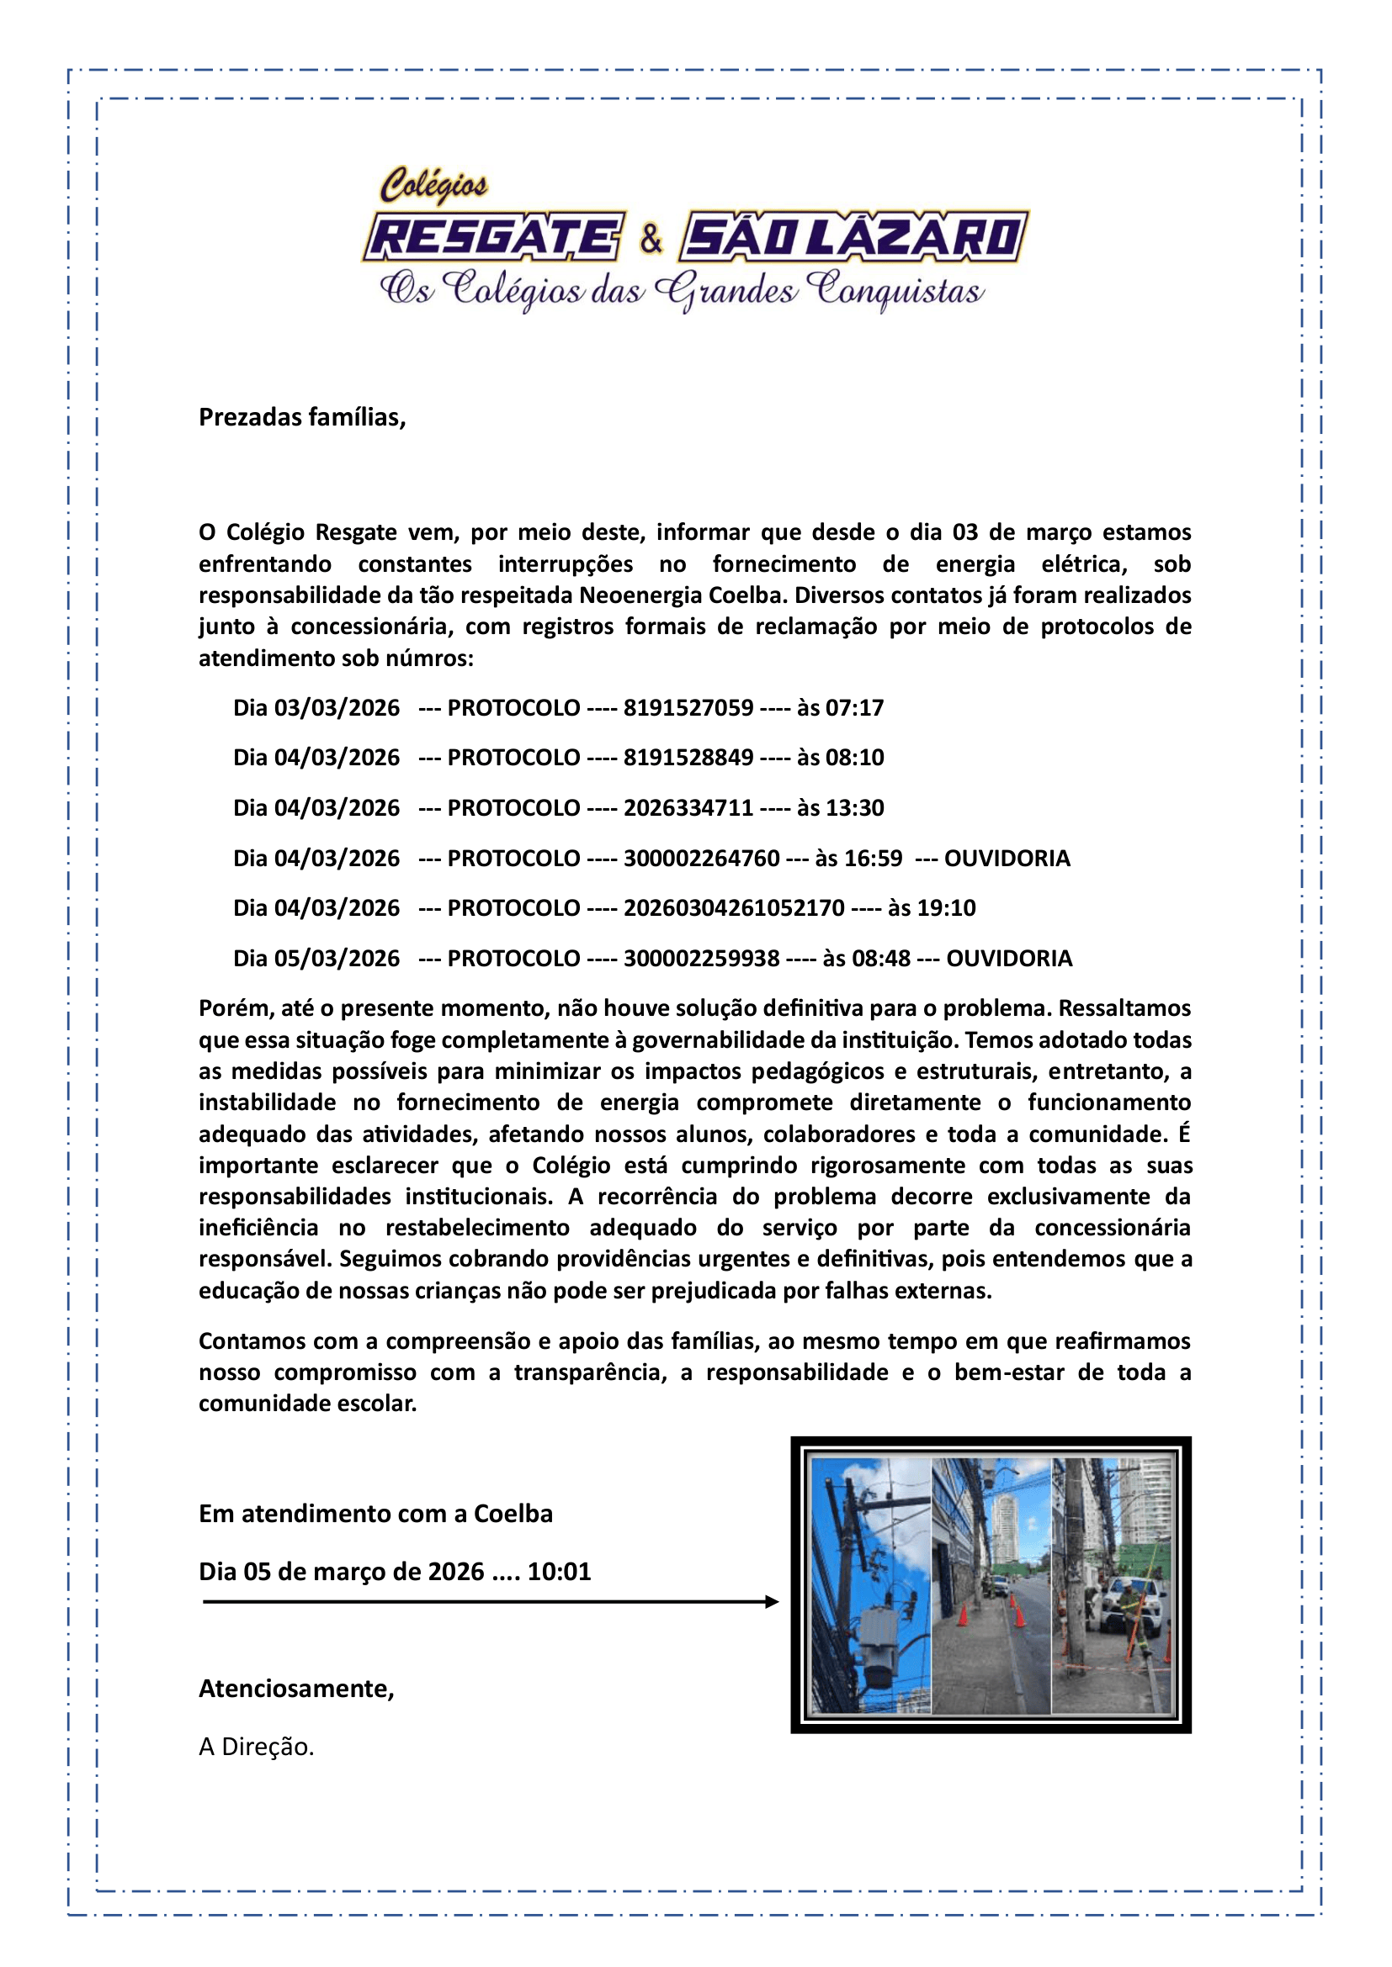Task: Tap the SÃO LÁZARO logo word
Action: [853, 237]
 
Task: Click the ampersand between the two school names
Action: [651, 239]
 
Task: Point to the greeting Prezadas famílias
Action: [302, 417]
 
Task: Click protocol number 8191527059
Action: [688, 707]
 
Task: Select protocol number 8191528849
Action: [688, 758]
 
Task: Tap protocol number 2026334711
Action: [688, 808]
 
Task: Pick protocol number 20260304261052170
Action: [734, 908]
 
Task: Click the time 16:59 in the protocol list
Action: [873, 859]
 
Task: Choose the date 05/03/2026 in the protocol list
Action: [337, 958]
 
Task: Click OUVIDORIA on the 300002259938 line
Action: [1009, 958]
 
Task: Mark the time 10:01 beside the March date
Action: [559, 1571]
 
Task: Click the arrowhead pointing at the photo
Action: [772, 1601]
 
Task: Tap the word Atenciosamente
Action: [295, 1689]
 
